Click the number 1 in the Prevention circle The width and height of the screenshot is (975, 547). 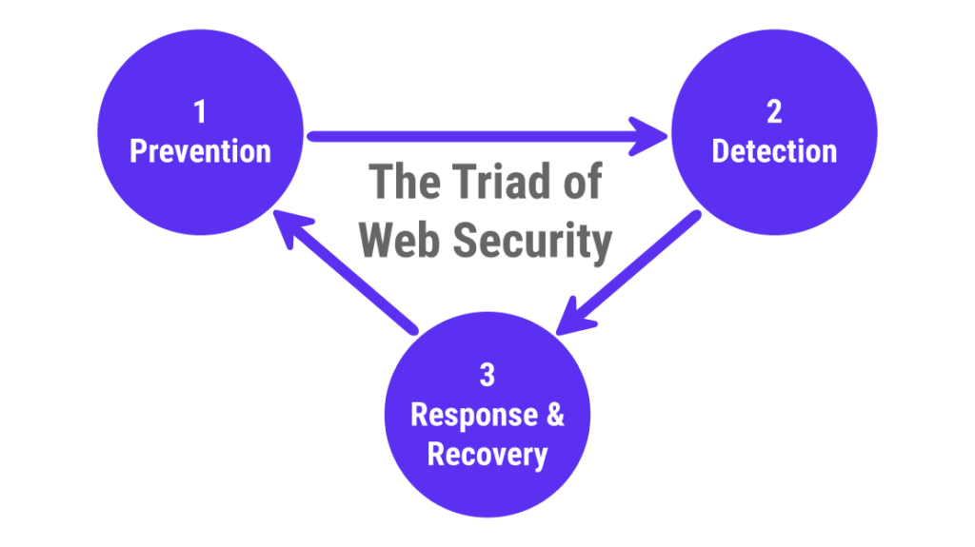(x=199, y=112)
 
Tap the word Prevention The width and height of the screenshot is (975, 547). (x=200, y=151)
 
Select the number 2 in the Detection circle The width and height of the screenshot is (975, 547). (x=774, y=112)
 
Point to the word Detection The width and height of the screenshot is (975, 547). (x=774, y=151)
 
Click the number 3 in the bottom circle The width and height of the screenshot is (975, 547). (x=487, y=376)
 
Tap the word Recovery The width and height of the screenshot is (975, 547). (x=487, y=454)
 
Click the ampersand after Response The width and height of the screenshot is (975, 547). (x=554, y=416)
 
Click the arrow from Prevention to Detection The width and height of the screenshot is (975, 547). (x=476, y=137)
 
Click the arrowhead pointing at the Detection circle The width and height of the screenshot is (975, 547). (x=652, y=137)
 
